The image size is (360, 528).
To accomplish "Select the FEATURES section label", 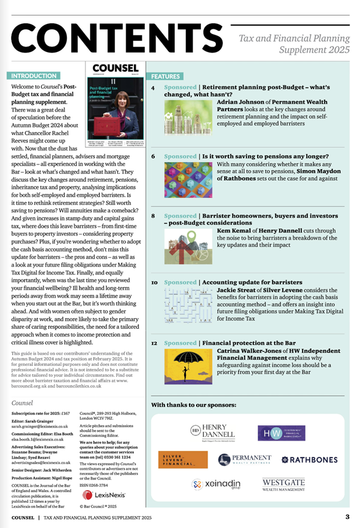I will (166, 77).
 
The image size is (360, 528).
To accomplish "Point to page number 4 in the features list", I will (153, 88).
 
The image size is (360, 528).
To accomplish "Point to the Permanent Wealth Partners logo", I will (245, 459).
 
